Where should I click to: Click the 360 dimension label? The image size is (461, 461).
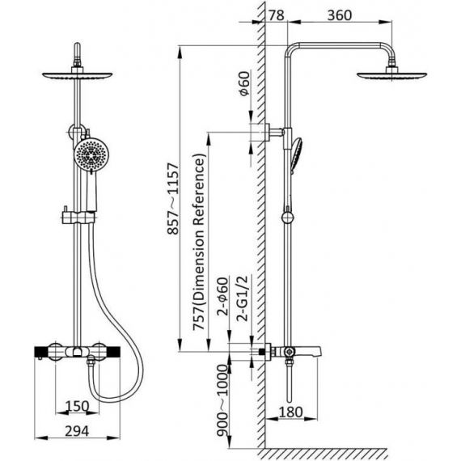tap(340, 15)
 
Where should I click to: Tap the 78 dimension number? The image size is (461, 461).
tap(277, 15)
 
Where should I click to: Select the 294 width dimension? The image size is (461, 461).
tap(77, 431)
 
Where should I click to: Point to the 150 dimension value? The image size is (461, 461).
tap(77, 406)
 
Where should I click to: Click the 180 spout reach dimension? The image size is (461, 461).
tap(290, 412)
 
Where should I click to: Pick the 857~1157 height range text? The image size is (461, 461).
tap(173, 199)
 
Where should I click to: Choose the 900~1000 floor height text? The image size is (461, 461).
tap(222, 400)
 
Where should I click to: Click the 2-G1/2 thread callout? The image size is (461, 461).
tap(243, 298)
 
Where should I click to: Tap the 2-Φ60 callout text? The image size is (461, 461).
tap(222, 296)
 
